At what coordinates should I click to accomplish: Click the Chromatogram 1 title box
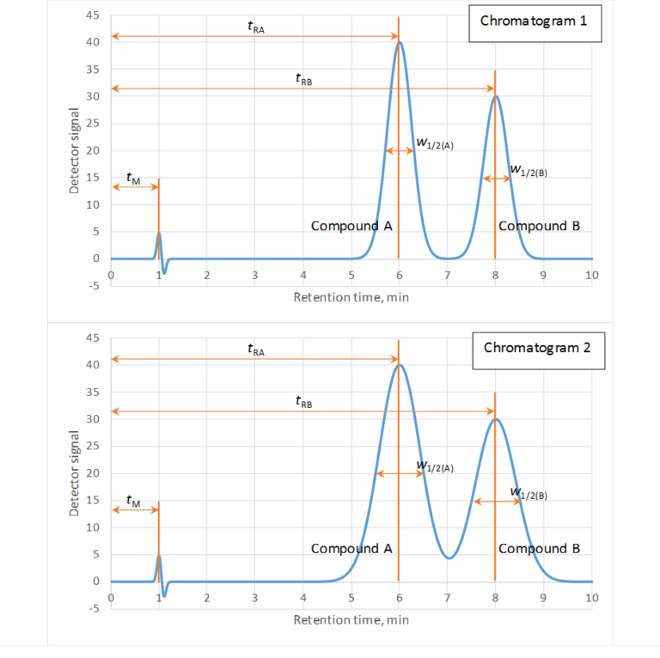tap(534, 21)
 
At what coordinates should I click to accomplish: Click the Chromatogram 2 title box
tap(538, 348)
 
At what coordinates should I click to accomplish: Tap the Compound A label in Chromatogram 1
tap(351, 226)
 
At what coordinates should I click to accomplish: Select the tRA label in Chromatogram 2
tap(255, 350)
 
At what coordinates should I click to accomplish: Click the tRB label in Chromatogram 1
tap(303, 80)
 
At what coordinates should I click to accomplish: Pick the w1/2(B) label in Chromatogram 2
tap(529, 493)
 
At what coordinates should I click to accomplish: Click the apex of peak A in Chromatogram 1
tap(399, 41)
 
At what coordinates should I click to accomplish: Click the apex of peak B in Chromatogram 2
tap(495, 419)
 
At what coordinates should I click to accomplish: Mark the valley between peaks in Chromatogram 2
tap(448, 558)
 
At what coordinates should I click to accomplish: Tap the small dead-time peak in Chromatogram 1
tap(159, 234)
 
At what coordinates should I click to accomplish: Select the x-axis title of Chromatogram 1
tap(351, 297)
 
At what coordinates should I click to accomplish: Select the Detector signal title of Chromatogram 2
tap(75, 472)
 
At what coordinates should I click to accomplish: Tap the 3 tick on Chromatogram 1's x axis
tap(255, 275)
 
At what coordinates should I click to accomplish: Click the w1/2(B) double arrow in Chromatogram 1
tap(495, 179)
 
